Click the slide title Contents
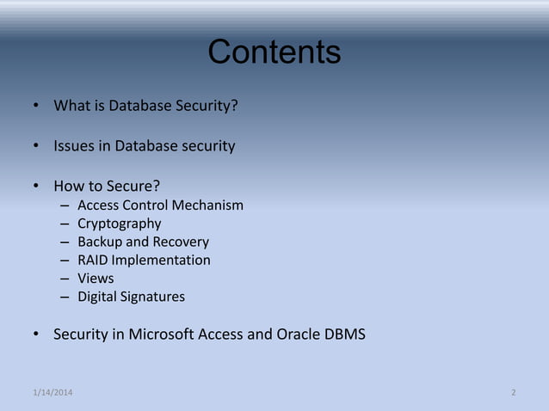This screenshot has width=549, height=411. (x=274, y=52)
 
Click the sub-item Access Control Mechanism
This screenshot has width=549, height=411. (x=160, y=205)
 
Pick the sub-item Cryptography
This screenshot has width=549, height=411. (x=119, y=224)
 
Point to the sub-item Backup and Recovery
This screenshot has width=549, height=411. (x=143, y=242)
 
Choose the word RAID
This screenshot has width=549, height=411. (x=94, y=260)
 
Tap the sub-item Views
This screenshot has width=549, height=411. (x=96, y=279)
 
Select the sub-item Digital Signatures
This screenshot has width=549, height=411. (x=131, y=297)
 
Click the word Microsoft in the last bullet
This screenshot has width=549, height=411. (x=161, y=334)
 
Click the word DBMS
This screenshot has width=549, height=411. (x=346, y=334)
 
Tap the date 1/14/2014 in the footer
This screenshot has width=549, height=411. (x=52, y=393)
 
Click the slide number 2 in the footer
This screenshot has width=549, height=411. (x=514, y=393)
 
